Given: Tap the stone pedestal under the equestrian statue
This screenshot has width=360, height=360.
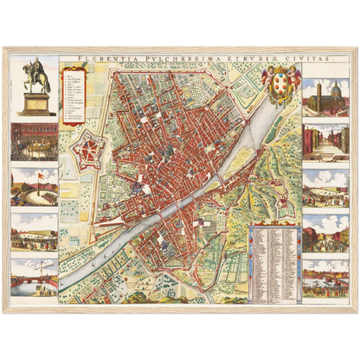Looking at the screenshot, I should pyautogui.click(x=35, y=102).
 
